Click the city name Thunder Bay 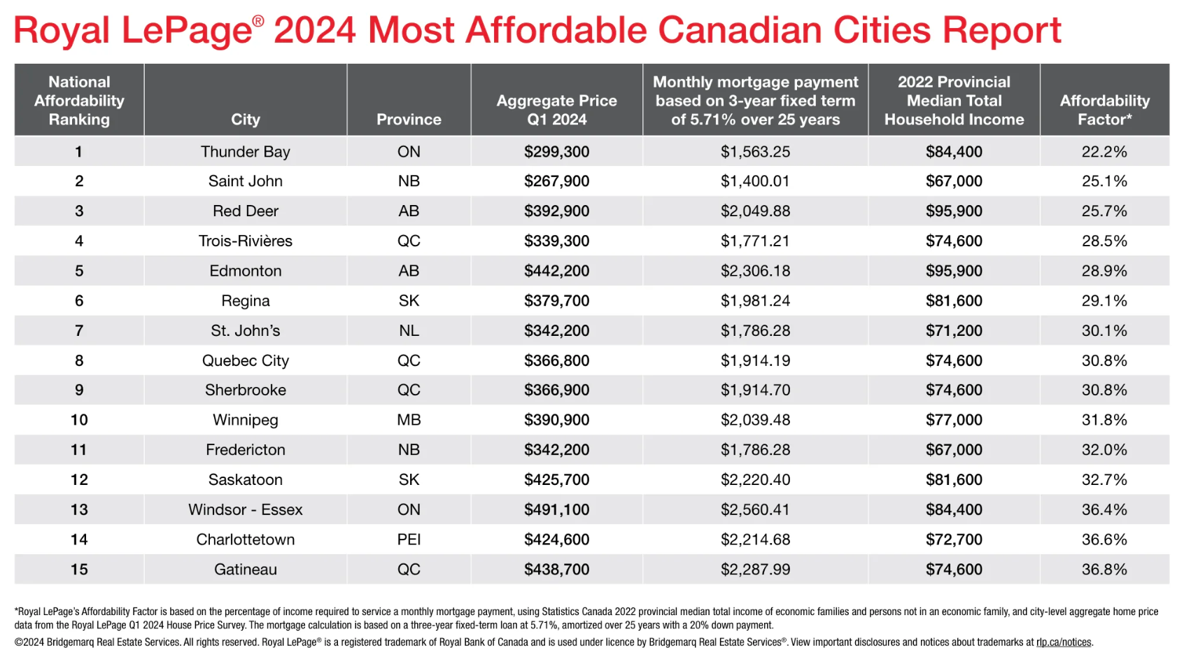[245, 152]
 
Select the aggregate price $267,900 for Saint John [556, 181]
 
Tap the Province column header [409, 120]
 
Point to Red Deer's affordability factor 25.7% [1104, 211]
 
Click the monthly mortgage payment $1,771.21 [755, 241]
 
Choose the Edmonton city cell [245, 271]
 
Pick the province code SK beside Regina [409, 301]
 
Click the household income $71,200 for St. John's [954, 331]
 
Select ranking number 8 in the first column [79, 361]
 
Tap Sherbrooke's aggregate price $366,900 [556, 390]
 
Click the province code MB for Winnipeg [409, 421]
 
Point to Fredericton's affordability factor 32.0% [1104, 450]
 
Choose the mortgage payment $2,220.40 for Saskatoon [755, 480]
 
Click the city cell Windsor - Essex [245, 510]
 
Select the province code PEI [409, 540]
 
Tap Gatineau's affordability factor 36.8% [1104, 570]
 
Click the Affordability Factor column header [1104, 110]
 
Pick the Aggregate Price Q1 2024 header [556, 110]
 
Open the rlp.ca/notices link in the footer [1063, 642]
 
